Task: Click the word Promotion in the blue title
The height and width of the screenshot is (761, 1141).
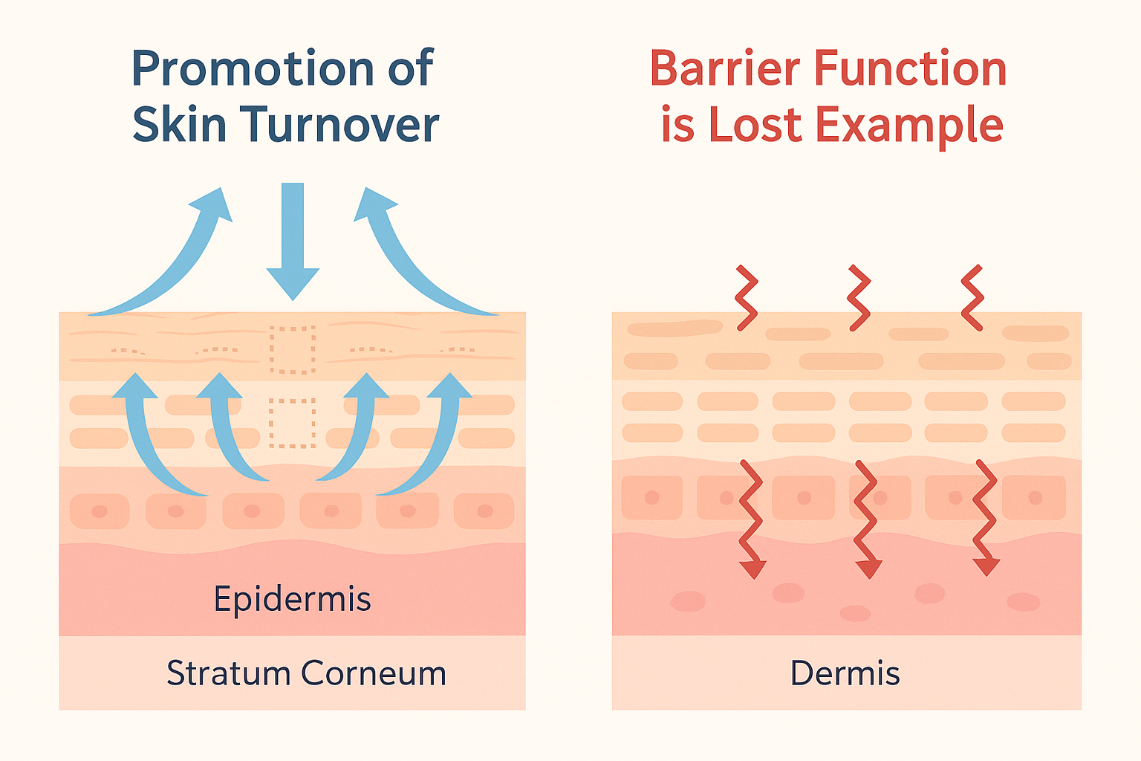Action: coord(253,68)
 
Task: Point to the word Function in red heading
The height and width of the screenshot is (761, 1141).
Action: coord(910,68)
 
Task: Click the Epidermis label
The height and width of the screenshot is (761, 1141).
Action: coord(292,600)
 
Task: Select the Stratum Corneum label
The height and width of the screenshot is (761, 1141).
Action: coord(306,673)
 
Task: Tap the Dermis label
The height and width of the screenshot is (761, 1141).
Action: coord(845,673)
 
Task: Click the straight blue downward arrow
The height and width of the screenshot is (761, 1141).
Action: coord(293,241)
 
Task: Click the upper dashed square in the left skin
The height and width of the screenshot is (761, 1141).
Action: coord(293,350)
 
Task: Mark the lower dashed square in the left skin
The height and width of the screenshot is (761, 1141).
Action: coord(293,423)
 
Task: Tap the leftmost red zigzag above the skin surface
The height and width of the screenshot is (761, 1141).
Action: coord(747,298)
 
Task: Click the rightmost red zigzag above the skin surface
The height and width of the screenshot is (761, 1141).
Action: coord(972,298)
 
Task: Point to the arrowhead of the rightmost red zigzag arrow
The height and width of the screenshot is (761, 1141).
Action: coord(986,567)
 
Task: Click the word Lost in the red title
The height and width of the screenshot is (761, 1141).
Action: coord(755,124)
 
